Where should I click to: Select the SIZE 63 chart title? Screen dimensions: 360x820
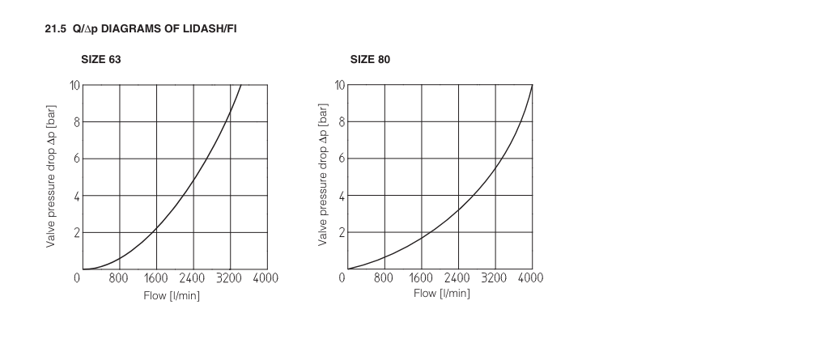(101, 60)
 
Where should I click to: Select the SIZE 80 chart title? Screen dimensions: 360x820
(370, 60)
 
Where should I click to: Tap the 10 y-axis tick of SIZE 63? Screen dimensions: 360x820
(74, 84)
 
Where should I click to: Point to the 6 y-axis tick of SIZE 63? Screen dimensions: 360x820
(76, 159)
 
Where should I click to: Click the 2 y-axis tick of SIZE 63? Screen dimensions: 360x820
(76, 233)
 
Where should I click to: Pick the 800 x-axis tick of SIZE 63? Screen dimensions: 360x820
(119, 278)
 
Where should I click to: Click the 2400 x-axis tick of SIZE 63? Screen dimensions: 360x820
(193, 278)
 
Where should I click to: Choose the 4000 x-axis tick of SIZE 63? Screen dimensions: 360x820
(266, 278)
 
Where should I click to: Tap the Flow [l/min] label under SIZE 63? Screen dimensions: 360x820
(172, 294)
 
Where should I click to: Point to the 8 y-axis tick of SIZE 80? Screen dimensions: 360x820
(342, 122)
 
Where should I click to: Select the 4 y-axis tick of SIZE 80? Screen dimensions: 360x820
(342, 196)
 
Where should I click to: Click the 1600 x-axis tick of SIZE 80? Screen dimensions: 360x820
(421, 278)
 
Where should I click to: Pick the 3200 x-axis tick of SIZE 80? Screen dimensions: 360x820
(494, 278)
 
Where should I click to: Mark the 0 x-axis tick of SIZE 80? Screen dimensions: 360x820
(342, 278)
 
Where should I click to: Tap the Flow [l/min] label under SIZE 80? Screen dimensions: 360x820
(441, 293)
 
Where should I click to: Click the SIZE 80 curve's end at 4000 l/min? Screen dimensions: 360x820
(531, 85)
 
